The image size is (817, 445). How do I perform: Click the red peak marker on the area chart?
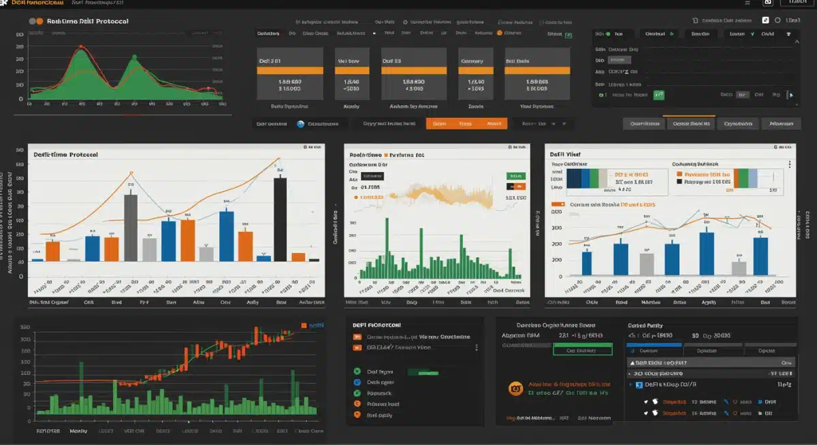click(x=81, y=47)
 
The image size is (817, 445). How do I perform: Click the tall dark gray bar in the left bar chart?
click(x=130, y=227)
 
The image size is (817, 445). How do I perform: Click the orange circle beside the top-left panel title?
click(x=39, y=21)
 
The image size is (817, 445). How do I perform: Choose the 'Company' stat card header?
click(x=472, y=61)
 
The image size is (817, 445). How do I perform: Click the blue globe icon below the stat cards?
click(x=300, y=124)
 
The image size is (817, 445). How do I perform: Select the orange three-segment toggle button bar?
click(x=466, y=124)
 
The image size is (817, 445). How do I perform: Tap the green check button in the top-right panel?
click(x=658, y=95)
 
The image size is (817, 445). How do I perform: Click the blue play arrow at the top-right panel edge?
click(x=791, y=95)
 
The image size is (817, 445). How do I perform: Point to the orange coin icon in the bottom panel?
click(x=515, y=388)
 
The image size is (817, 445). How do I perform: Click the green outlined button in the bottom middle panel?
click(x=583, y=350)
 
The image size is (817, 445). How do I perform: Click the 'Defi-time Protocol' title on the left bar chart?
click(x=65, y=154)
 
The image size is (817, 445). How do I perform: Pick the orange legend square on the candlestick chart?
click(x=304, y=326)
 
